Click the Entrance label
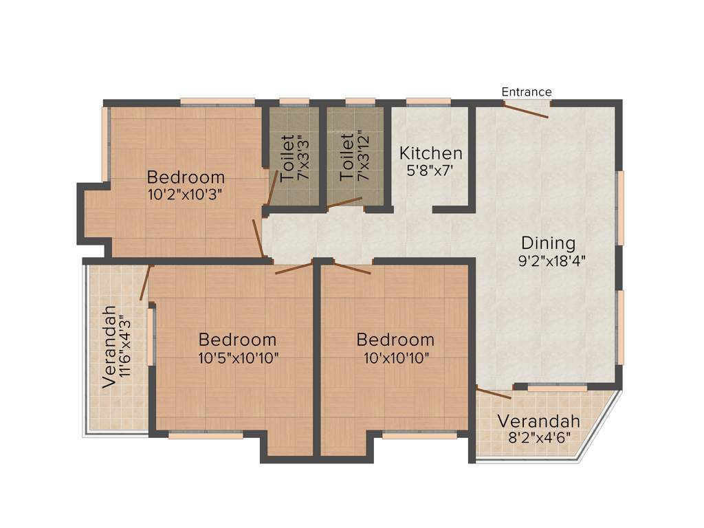click(526, 91)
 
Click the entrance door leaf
click(527, 110)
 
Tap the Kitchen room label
click(431, 153)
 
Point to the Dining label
click(548, 243)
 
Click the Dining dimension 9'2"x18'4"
click(552, 261)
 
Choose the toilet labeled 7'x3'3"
click(294, 157)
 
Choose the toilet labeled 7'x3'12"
click(353, 157)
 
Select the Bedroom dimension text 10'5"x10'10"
click(238, 357)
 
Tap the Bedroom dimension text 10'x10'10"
click(395, 357)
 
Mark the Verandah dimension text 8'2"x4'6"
click(540, 437)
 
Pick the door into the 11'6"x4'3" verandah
click(145, 283)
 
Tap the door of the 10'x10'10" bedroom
click(351, 268)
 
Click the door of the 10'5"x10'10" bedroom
click(294, 267)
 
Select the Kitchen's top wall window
click(428, 102)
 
